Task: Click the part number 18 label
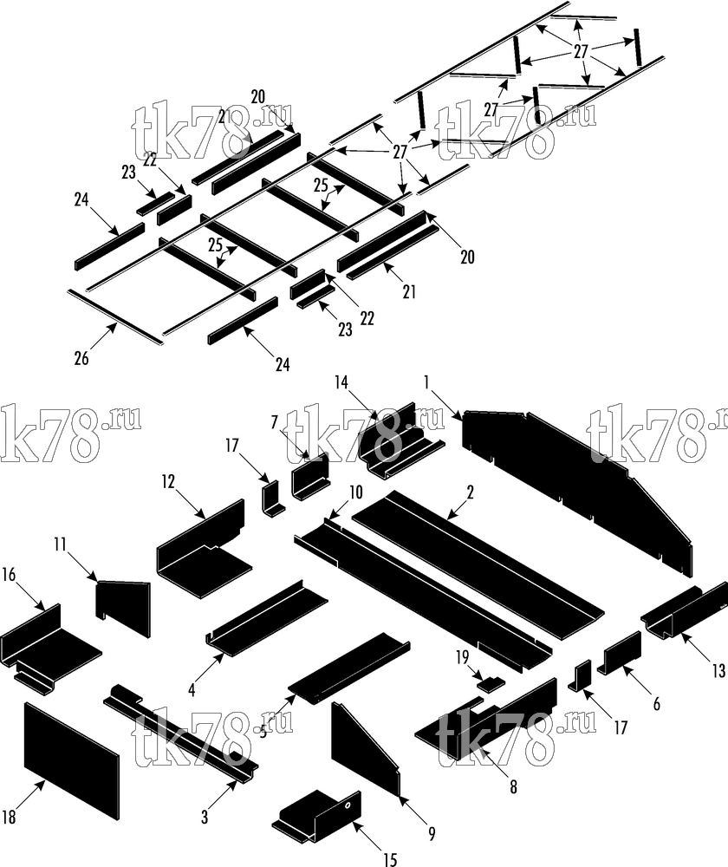click(x=10, y=816)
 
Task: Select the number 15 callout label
click(x=390, y=858)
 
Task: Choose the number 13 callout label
click(x=718, y=671)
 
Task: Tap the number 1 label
click(x=426, y=381)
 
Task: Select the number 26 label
click(x=81, y=358)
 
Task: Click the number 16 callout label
click(x=9, y=575)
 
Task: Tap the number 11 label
click(x=61, y=545)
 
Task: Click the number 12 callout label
click(x=168, y=481)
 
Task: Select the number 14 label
click(x=341, y=381)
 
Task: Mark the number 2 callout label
click(x=470, y=492)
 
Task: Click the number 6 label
click(x=657, y=703)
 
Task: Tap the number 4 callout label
click(x=192, y=690)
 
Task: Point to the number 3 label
click(x=205, y=816)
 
